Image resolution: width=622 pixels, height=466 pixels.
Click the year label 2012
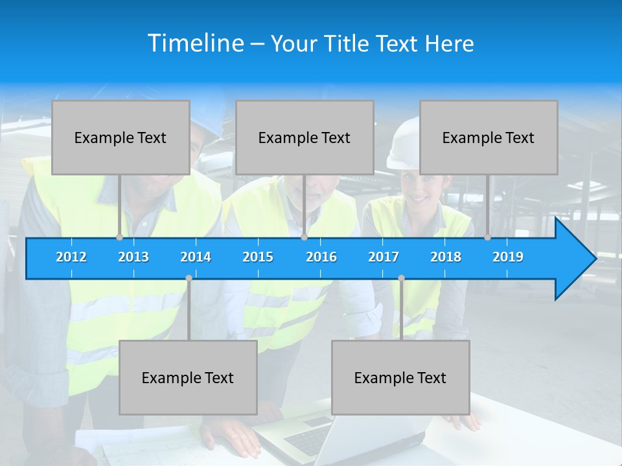click(x=71, y=257)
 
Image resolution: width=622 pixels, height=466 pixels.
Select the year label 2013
click(x=133, y=257)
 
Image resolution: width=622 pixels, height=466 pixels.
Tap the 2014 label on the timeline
click(x=196, y=257)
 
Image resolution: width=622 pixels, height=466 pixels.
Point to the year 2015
click(x=258, y=257)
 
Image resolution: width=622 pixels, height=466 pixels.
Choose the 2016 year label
click(x=321, y=257)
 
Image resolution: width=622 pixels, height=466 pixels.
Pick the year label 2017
click(x=384, y=257)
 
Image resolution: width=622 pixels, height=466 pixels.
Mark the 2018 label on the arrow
click(x=446, y=257)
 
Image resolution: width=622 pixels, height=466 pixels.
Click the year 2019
click(x=508, y=257)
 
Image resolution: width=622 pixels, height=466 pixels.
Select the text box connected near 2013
click(x=121, y=137)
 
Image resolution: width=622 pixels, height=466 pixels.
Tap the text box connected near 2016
click(x=305, y=137)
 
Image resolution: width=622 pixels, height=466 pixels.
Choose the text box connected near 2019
click(x=489, y=137)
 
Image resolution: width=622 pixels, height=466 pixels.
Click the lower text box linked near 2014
click(x=188, y=377)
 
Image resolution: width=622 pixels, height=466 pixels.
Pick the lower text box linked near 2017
click(x=400, y=377)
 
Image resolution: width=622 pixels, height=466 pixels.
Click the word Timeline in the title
click(x=195, y=43)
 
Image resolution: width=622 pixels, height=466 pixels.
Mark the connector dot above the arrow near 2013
click(x=119, y=238)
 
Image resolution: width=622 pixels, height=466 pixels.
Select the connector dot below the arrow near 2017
click(x=401, y=278)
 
